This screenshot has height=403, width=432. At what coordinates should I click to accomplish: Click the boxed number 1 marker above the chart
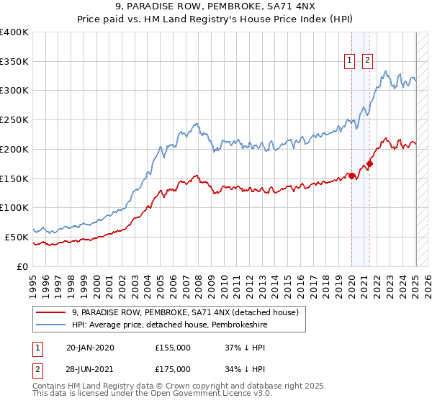pyautogui.click(x=350, y=61)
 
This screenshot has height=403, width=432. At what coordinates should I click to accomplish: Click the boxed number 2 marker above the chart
pyautogui.click(x=368, y=61)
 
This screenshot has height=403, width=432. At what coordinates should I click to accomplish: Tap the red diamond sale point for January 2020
pyautogui.click(x=351, y=176)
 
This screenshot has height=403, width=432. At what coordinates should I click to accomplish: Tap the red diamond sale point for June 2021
pyautogui.click(x=369, y=163)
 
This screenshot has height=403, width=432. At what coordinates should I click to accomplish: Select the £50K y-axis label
pyautogui.click(x=17, y=237)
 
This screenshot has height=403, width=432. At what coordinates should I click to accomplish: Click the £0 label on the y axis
pyautogui.click(x=23, y=266)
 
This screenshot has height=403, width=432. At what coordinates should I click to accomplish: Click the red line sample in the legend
pyautogui.click(x=50, y=312)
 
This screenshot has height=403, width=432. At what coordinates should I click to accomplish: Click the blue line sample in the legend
pyautogui.click(x=50, y=325)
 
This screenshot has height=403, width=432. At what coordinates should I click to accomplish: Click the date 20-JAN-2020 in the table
pyautogui.click(x=90, y=348)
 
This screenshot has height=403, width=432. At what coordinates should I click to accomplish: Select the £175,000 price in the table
pyautogui.click(x=173, y=369)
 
